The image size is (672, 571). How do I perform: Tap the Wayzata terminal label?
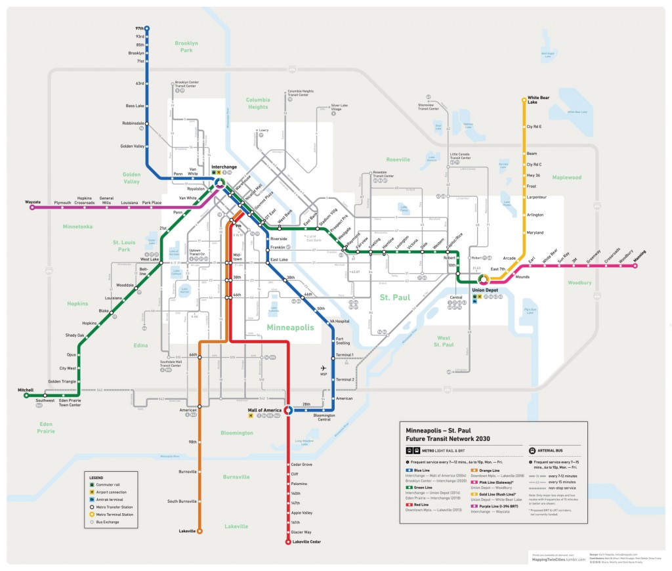point(33,201)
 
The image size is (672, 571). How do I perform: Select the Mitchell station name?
point(26,390)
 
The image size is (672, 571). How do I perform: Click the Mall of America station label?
point(264,410)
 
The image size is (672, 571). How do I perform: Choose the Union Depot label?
point(484,289)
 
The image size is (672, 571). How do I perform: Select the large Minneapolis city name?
point(289,327)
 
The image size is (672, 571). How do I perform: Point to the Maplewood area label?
point(566,177)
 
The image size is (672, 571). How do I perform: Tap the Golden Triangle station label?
point(62,381)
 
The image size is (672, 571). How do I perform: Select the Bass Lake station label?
point(135,106)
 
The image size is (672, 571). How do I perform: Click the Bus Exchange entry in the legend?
point(109,522)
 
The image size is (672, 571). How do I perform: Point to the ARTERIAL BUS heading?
point(554,451)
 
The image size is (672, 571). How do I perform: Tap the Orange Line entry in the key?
point(490,471)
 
